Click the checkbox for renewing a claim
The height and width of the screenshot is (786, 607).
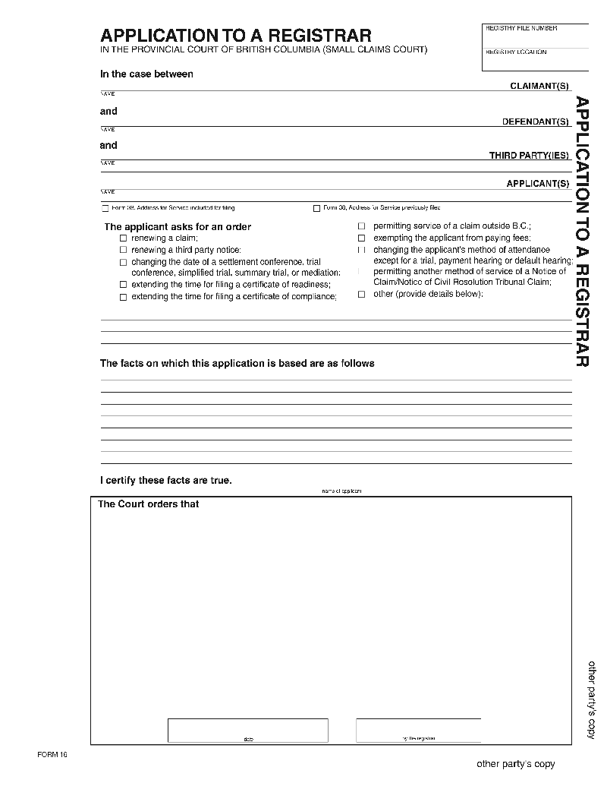[123, 238]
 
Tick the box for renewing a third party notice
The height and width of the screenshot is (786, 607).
[123, 250]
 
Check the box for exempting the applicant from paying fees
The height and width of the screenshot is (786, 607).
[362, 238]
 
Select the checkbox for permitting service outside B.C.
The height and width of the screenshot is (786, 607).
[362, 226]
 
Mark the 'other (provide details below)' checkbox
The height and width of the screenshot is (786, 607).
[362, 295]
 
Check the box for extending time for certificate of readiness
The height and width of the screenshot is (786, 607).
[123, 285]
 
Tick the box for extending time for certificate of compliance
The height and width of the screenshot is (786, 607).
[123, 297]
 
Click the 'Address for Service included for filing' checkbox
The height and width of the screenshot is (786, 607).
[105, 208]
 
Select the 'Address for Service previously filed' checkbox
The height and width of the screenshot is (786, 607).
[316, 208]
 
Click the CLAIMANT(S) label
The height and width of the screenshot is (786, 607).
[539, 86]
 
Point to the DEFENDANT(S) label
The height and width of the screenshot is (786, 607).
[535, 122]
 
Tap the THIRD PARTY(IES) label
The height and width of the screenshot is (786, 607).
[528, 156]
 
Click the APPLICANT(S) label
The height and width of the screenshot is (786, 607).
[537, 184]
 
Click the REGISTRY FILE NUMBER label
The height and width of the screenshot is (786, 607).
[521, 28]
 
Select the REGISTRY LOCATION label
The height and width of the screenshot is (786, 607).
[516, 52]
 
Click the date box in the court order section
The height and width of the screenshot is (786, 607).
[248, 730]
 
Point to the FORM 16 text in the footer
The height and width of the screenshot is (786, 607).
[52, 754]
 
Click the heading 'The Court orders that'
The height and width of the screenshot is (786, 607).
[149, 504]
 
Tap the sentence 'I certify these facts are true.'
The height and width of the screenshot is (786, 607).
[166, 481]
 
